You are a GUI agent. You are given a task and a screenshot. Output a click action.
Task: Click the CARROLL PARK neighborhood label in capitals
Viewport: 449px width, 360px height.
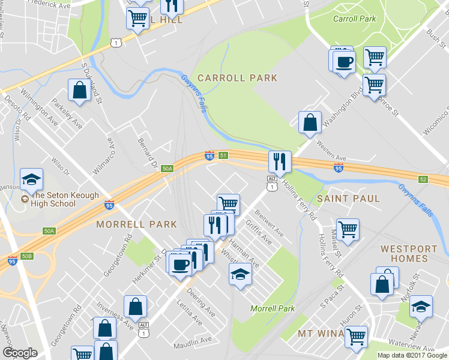pos(237,78)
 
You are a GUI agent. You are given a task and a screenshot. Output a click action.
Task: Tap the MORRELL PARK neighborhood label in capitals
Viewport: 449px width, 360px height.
pos(136,224)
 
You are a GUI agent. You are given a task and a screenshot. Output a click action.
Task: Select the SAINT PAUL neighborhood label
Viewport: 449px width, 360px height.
pos(348,198)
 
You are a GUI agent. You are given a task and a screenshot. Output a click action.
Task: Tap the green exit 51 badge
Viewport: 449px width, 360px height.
pos(223,155)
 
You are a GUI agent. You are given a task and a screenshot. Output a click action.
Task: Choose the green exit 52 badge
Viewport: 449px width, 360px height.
pos(424,179)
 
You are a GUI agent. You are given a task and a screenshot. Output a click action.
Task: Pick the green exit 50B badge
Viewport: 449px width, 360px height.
pos(26,256)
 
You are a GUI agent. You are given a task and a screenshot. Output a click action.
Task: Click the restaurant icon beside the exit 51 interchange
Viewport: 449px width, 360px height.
pos(280,161)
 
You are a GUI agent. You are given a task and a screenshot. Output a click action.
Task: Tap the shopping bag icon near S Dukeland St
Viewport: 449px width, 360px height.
pos(79,91)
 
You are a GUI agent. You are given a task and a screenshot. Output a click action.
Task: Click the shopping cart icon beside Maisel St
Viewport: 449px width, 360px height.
pos(348,229)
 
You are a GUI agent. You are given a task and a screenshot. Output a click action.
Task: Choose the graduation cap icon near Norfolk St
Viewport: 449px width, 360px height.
pos(421,306)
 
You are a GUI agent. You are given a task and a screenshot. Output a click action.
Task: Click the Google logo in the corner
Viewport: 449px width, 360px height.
pos(20,353)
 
